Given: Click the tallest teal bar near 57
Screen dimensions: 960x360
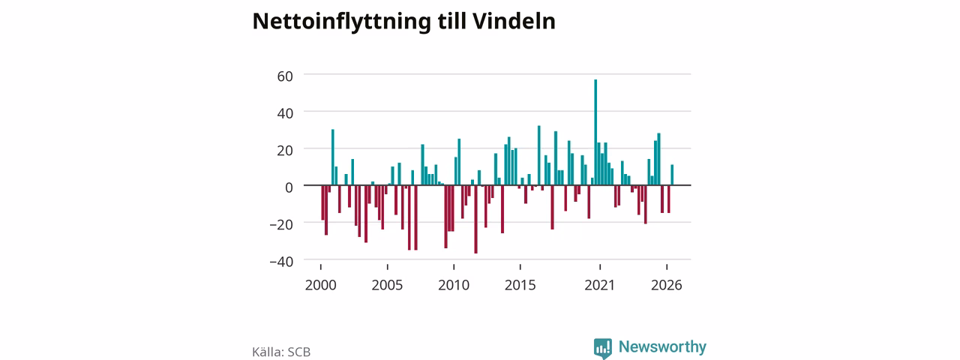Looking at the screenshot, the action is (595, 133).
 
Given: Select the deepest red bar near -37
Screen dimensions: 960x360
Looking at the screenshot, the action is (475, 219).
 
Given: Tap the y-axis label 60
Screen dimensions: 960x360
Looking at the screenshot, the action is (285, 76).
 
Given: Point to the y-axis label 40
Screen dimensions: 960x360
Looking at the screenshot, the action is (285, 113).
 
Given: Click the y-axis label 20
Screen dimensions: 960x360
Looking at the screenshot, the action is (285, 151).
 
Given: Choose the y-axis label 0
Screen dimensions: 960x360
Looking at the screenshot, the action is (289, 187).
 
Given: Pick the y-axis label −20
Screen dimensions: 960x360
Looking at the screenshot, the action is (281, 224).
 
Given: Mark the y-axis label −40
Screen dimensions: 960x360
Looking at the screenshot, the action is (281, 262).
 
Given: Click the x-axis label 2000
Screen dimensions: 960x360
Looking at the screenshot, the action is (320, 285).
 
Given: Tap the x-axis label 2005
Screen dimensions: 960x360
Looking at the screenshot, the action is (387, 285).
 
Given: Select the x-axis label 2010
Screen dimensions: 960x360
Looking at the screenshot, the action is (454, 285).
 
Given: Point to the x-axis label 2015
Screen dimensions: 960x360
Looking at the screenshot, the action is (520, 285).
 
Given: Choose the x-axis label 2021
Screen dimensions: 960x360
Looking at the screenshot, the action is (599, 285).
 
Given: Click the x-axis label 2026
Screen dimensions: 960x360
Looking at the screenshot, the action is (667, 285).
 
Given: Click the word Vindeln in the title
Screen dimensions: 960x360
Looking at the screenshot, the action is (514, 21).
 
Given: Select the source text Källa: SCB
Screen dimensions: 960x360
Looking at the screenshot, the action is (281, 352).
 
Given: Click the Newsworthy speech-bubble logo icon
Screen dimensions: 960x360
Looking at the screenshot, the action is (602, 349).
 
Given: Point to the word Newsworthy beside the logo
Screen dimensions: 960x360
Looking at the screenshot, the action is (662, 346).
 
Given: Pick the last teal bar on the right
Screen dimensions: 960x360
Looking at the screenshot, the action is (672, 175).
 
